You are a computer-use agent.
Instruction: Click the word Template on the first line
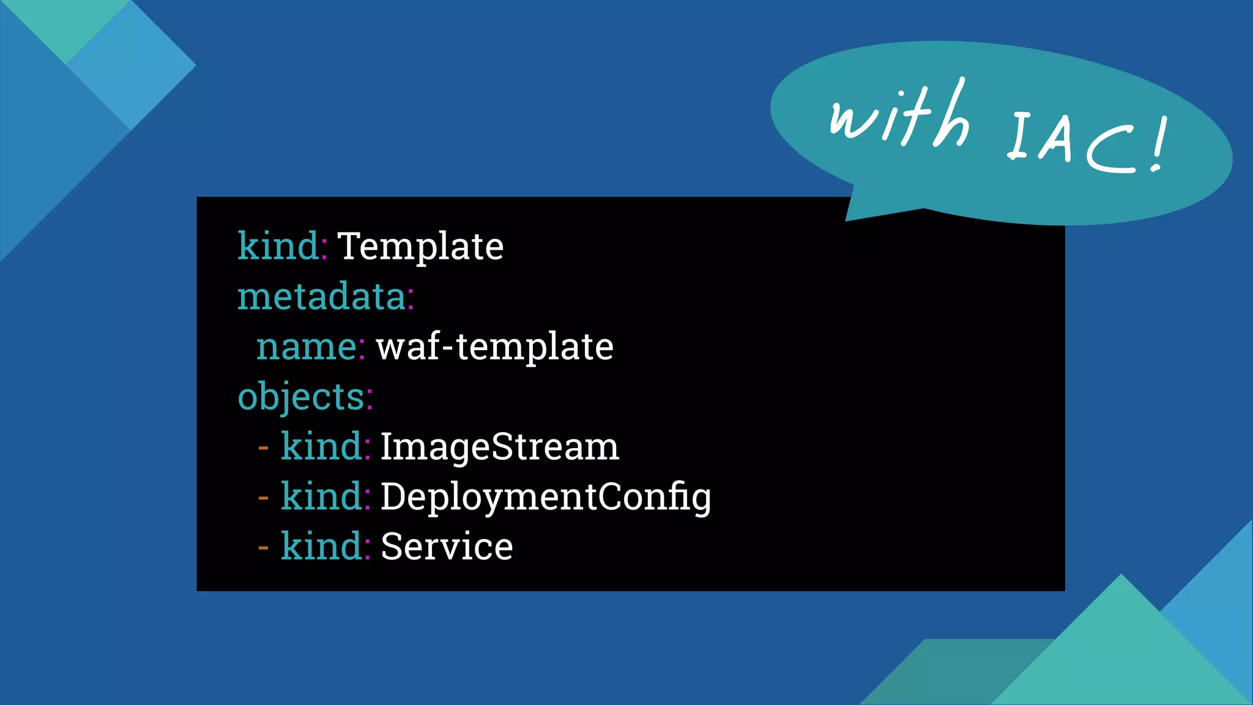click(x=420, y=247)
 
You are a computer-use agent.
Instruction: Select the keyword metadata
click(x=322, y=297)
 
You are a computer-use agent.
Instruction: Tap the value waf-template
click(x=494, y=347)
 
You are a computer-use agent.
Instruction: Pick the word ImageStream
click(x=499, y=447)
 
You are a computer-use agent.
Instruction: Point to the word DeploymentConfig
click(x=545, y=497)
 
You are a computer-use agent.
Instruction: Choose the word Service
click(x=447, y=546)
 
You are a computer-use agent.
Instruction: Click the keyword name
click(x=307, y=347)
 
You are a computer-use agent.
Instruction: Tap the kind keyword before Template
click(x=278, y=247)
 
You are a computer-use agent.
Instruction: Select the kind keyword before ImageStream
click(x=321, y=447)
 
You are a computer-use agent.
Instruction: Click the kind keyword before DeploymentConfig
click(x=321, y=497)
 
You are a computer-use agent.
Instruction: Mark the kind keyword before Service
click(x=321, y=546)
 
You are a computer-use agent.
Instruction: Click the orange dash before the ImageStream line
click(x=264, y=449)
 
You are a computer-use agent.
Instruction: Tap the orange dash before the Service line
click(x=264, y=548)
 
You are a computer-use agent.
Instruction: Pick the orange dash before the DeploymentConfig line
click(x=264, y=498)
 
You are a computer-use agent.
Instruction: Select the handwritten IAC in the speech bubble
click(x=1077, y=141)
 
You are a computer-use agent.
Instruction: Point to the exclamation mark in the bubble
click(x=1159, y=146)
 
